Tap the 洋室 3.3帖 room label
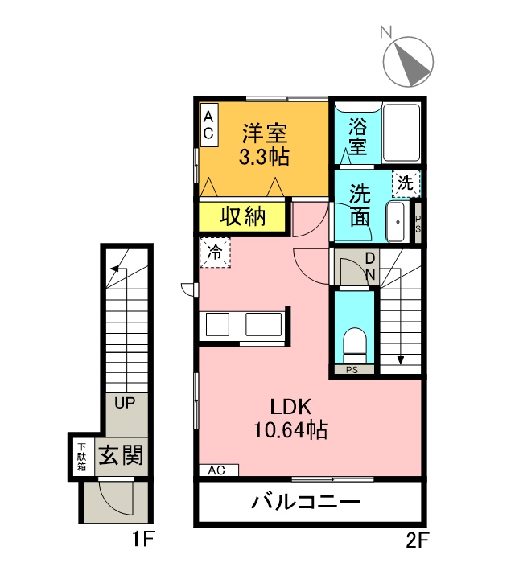point(265,145)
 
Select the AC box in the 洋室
point(208,125)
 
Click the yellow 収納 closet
point(242,217)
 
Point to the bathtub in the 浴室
point(402,133)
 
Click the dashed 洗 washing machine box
point(406,183)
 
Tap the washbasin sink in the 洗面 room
point(397,222)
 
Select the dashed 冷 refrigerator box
point(215,253)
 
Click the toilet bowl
point(355,346)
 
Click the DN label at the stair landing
point(370,266)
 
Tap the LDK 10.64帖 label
point(290,418)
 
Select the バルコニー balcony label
point(306,502)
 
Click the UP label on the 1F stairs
point(125,403)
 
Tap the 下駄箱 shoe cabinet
point(81,457)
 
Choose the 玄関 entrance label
point(121,454)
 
